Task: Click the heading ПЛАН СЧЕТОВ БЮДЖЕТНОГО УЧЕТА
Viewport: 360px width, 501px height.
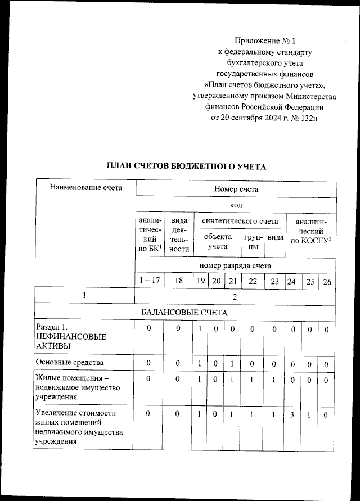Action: tap(186, 166)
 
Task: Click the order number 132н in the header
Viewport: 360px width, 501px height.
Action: tap(307, 118)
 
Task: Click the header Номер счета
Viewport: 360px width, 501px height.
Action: tap(236, 189)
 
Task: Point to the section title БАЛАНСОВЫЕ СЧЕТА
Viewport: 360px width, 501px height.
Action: tap(186, 312)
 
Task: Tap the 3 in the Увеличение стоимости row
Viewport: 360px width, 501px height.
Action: tap(291, 414)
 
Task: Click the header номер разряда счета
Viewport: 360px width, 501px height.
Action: tap(236, 265)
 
